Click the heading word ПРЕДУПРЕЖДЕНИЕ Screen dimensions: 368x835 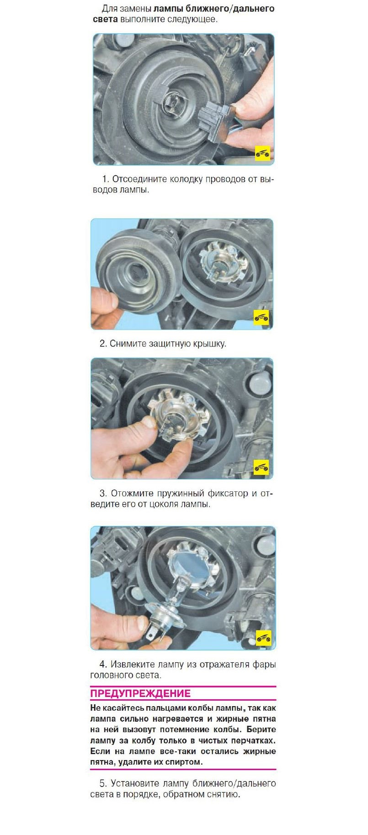pyautogui.click(x=140, y=693)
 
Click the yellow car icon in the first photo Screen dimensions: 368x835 pyautogui.click(x=262, y=154)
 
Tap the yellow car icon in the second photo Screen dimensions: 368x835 pyautogui.click(x=261, y=317)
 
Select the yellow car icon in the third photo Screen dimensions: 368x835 pyautogui.click(x=261, y=467)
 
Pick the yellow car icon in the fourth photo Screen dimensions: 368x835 pyautogui.click(x=263, y=637)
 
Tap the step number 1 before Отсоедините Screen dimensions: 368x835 pyautogui.click(x=105, y=179)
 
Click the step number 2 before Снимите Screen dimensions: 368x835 pyautogui.click(x=103, y=343)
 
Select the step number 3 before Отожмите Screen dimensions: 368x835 pyautogui.click(x=103, y=494)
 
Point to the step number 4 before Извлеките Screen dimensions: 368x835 pyautogui.click(x=103, y=664)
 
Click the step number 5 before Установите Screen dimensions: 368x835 pyautogui.click(x=103, y=783)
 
